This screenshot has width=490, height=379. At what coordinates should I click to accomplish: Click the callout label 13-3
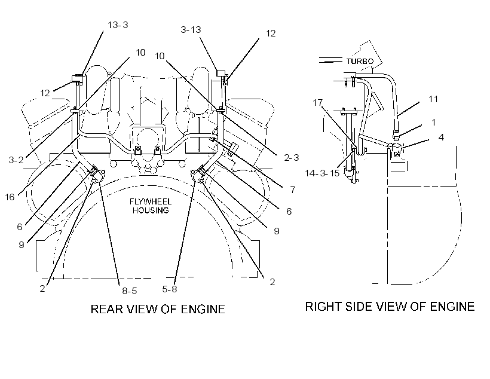[x=118, y=25]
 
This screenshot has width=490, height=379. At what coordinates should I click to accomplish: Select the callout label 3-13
[x=191, y=30]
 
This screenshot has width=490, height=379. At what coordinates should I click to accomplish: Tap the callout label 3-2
[x=16, y=160]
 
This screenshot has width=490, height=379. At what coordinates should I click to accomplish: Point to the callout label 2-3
[x=291, y=158]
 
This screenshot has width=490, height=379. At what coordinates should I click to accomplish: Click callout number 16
[x=10, y=197]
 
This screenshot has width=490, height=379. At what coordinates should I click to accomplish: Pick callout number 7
[x=292, y=190]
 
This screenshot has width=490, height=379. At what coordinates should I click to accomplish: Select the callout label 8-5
[x=130, y=291]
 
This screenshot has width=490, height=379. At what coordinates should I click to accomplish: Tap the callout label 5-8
[x=169, y=289]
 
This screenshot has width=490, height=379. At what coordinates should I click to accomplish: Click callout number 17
[x=317, y=103]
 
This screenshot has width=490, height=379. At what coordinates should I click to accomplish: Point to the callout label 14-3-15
[x=322, y=173]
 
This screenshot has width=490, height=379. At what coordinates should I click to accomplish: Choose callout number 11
[x=433, y=99]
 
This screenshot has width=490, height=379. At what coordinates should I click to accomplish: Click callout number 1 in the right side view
[x=433, y=123]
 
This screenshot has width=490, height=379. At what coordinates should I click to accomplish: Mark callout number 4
[x=441, y=137]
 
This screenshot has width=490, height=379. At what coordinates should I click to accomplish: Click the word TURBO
[x=360, y=62]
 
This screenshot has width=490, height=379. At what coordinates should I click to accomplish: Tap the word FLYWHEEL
[x=151, y=201]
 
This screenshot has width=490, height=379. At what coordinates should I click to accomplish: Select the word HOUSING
[x=151, y=210]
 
